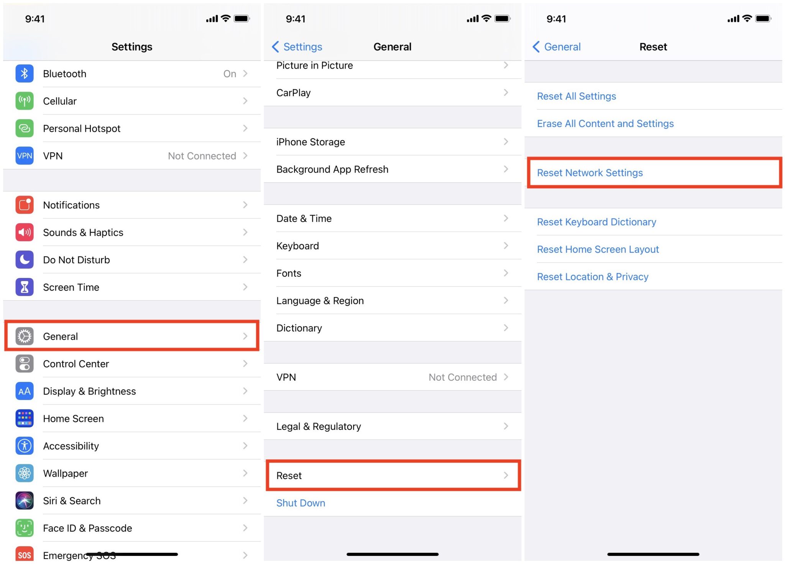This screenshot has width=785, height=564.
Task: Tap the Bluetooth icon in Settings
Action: tap(25, 74)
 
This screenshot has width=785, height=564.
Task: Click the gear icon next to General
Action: tap(25, 336)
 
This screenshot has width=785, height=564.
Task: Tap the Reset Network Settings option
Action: tap(590, 173)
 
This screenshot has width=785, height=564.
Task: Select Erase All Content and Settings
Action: tap(605, 123)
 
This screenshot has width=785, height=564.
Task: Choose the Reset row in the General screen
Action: tap(393, 475)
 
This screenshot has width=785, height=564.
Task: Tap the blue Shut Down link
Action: tap(301, 503)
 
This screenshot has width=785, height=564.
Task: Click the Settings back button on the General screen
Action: tap(297, 47)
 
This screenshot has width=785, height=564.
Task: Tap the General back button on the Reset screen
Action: tap(557, 47)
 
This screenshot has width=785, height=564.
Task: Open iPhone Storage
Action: tap(310, 142)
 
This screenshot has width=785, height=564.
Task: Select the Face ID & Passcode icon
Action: tap(25, 528)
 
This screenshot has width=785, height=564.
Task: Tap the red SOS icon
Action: tap(25, 555)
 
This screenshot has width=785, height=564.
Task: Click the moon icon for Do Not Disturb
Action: tap(25, 260)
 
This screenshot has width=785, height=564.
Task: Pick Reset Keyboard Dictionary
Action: tap(596, 222)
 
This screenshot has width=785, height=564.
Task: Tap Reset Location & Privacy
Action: tap(593, 277)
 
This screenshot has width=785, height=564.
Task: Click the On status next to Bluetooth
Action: tap(230, 74)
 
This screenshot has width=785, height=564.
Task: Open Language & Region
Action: tap(320, 301)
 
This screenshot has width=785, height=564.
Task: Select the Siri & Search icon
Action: tap(25, 501)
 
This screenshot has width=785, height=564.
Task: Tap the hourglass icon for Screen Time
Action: tap(25, 287)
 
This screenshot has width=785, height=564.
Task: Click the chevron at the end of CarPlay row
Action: tap(506, 92)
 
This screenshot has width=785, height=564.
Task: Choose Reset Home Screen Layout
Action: tap(598, 249)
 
